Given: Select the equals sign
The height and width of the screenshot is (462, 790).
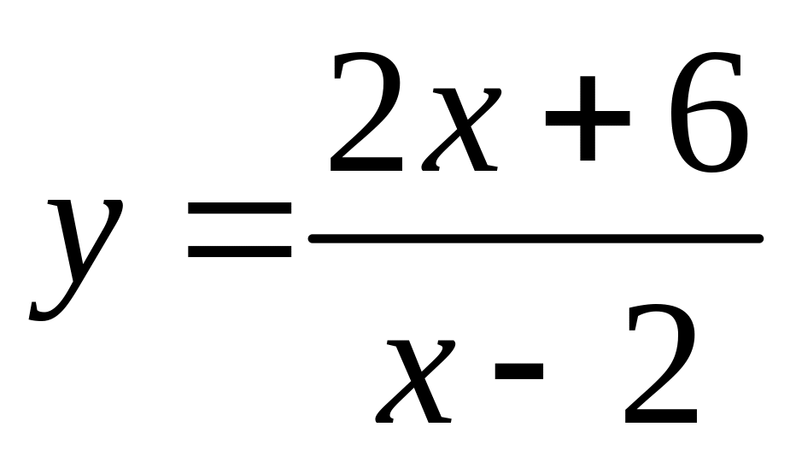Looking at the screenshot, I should (239, 231).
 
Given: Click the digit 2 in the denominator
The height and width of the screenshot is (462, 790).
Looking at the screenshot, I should (663, 367).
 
